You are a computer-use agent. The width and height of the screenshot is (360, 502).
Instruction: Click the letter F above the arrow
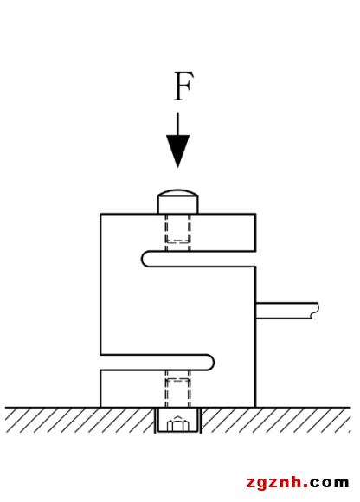click(183, 87)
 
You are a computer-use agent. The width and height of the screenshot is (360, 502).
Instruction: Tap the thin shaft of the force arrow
click(178, 124)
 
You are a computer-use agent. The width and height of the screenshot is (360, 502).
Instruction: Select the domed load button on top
click(177, 201)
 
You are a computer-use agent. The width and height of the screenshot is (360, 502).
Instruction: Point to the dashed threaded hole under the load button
click(177, 232)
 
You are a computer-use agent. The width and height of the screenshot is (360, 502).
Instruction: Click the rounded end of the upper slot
click(145, 259)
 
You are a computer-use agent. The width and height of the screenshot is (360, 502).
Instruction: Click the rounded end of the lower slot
click(210, 363)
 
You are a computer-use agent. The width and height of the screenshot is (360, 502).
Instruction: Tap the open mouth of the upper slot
click(255, 259)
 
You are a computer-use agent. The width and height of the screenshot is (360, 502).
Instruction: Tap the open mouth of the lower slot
click(100, 363)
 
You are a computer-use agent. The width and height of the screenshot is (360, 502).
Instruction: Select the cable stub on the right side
click(287, 311)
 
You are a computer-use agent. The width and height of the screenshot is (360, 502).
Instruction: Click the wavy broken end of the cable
click(316, 311)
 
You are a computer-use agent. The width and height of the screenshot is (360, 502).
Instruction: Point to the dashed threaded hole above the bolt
click(177, 389)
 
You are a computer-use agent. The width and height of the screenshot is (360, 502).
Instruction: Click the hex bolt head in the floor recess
click(178, 423)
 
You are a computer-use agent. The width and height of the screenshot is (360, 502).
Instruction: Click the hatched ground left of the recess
click(80, 420)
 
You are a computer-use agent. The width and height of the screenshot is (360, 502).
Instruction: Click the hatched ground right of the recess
click(276, 420)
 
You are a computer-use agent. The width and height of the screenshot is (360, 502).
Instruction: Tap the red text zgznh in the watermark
click(274, 482)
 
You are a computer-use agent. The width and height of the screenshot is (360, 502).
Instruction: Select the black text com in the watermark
click(330, 483)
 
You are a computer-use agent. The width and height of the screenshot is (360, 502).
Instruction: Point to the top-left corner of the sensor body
click(100, 214)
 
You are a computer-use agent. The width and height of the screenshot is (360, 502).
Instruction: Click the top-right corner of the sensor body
click(255, 214)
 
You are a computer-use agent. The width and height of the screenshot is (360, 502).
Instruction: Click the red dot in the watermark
click(305, 486)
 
